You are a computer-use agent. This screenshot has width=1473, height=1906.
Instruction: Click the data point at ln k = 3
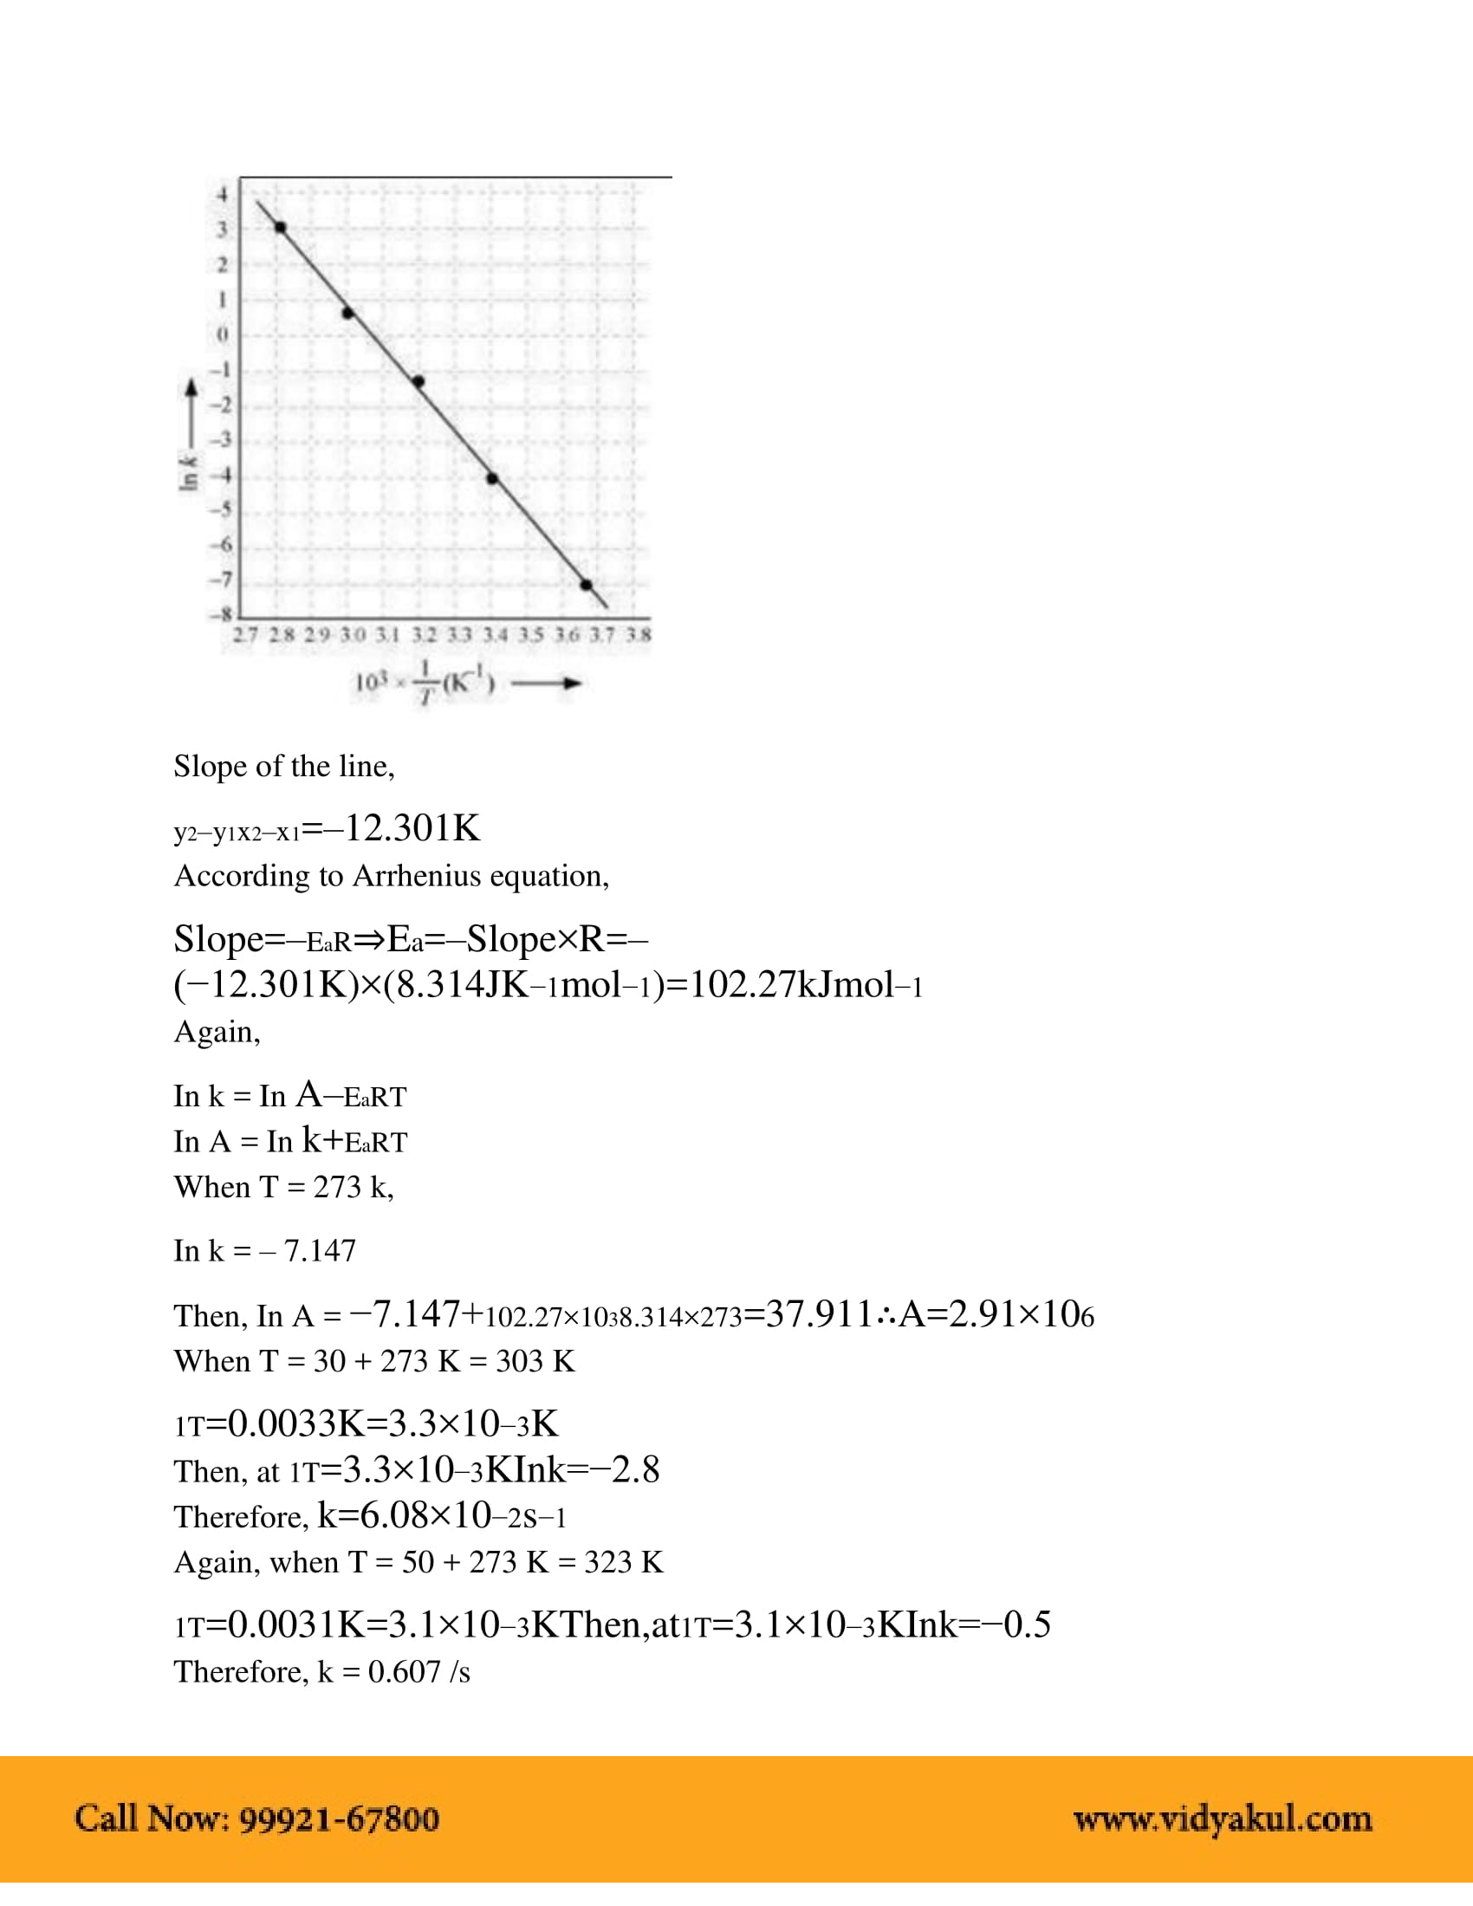(x=280, y=228)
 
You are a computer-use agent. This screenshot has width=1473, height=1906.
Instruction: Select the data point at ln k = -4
(x=492, y=478)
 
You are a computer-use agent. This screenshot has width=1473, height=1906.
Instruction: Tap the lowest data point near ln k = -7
(x=587, y=585)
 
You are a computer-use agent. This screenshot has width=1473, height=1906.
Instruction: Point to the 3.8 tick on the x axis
(x=639, y=634)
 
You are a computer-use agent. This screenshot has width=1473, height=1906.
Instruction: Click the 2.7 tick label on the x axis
(x=245, y=634)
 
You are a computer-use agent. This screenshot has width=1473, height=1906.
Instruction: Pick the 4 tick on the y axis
(x=223, y=195)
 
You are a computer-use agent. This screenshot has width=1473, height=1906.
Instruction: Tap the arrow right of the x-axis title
(x=546, y=684)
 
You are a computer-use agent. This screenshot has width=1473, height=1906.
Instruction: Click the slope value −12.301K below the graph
(x=412, y=828)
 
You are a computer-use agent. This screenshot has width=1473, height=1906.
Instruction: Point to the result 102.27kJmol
(x=793, y=984)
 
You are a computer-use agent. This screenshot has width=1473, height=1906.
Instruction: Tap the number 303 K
(x=535, y=1360)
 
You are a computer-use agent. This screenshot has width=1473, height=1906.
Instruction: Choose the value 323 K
(x=623, y=1561)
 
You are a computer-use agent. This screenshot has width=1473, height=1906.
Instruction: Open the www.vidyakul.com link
(x=1223, y=1818)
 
